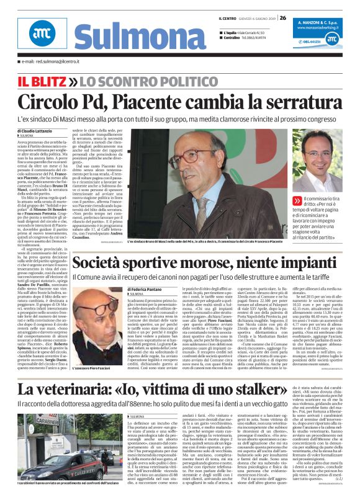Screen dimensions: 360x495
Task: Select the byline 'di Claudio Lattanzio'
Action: coord(35,132)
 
